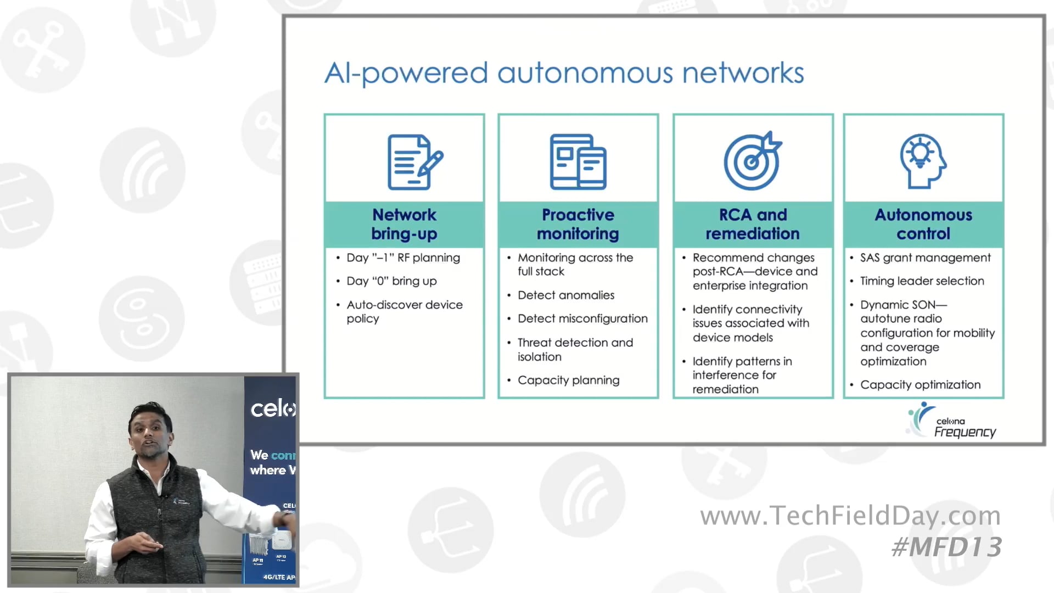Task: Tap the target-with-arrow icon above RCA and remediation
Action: (x=752, y=161)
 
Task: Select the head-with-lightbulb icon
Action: (x=923, y=161)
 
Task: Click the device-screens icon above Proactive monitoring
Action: (x=578, y=162)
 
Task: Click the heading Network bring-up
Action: (x=404, y=224)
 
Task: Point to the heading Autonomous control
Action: (x=923, y=224)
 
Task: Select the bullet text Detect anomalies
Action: (x=565, y=295)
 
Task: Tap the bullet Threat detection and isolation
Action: (x=575, y=350)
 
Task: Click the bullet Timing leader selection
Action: (x=922, y=281)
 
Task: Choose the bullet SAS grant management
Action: (x=925, y=258)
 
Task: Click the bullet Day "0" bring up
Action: (x=391, y=281)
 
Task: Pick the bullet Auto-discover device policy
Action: (x=404, y=311)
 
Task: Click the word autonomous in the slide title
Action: (x=585, y=73)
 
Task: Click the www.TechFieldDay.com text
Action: (x=850, y=516)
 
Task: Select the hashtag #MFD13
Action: (x=946, y=547)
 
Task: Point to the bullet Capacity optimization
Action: (x=920, y=385)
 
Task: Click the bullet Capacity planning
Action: (x=568, y=381)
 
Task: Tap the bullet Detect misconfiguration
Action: (x=582, y=318)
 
